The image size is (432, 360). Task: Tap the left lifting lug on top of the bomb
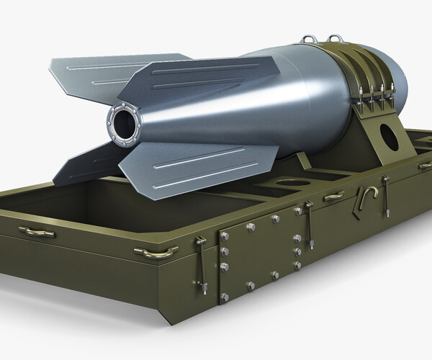(x=310, y=38)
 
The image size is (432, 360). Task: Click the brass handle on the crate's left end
(x=36, y=232)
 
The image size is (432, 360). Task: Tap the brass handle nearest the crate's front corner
(x=156, y=252)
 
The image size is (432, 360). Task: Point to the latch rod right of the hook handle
(x=386, y=196)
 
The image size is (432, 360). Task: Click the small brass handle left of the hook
(x=333, y=197)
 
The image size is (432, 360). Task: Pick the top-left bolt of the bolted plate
(x=225, y=235)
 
